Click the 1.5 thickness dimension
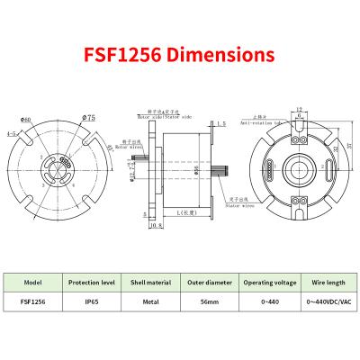tap(221, 123)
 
